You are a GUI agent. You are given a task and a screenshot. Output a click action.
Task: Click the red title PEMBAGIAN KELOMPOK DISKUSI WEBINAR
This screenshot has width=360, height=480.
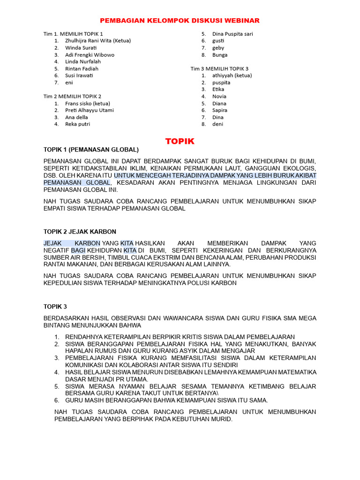(x=180, y=21)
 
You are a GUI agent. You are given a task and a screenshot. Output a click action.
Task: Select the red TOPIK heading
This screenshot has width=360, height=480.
(x=180, y=141)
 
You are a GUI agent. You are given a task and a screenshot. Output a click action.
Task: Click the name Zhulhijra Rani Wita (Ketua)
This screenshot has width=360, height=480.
(x=98, y=41)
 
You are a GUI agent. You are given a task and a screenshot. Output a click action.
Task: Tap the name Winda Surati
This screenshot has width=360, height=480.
(x=81, y=48)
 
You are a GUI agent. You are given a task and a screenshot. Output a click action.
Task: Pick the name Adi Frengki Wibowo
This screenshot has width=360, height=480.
(x=90, y=55)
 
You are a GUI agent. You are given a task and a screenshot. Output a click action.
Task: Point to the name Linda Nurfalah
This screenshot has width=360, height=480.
(x=83, y=61)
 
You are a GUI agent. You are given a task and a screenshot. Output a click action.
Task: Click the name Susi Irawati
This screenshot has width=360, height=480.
(x=79, y=75)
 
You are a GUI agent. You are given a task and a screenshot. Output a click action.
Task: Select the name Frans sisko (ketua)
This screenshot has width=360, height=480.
(x=88, y=104)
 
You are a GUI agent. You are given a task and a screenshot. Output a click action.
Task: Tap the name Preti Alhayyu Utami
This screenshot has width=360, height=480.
(x=89, y=111)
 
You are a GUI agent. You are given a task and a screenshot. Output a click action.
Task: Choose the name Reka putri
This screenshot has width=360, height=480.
(x=78, y=124)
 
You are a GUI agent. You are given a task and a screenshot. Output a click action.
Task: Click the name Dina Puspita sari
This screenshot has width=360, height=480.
(x=232, y=34)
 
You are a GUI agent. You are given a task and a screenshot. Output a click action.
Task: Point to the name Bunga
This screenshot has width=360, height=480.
(x=220, y=55)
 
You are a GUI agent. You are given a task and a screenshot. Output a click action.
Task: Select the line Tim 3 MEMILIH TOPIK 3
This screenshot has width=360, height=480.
(x=219, y=68)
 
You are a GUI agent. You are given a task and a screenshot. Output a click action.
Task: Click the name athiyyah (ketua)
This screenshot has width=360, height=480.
(x=232, y=75)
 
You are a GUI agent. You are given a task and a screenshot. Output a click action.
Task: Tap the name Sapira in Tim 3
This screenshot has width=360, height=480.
(x=220, y=110)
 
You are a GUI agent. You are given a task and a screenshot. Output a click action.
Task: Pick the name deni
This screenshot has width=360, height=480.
(x=217, y=124)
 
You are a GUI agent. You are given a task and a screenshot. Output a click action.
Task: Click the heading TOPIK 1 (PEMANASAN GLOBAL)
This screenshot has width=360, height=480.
(x=91, y=150)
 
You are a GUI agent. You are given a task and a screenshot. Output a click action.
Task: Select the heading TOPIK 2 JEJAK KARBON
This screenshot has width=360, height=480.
(x=80, y=232)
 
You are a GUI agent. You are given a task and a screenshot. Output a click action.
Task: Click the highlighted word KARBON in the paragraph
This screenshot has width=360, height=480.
(x=88, y=243)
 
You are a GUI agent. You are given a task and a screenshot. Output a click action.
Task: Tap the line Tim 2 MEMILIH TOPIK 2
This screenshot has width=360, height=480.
(x=72, y=97)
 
